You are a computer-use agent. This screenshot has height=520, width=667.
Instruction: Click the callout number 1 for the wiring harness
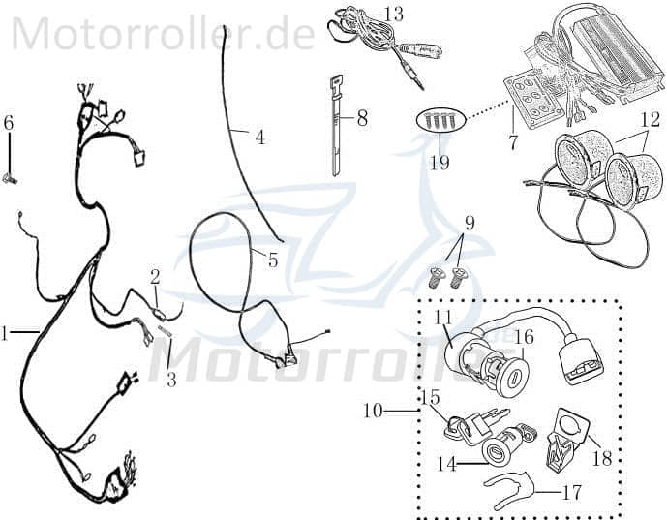coord(5,334)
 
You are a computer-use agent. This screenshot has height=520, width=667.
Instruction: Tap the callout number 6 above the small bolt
coord(9,123)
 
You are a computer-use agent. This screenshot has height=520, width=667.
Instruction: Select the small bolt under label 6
coord(12,177)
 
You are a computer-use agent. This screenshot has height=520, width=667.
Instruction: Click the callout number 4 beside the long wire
coord(259,138)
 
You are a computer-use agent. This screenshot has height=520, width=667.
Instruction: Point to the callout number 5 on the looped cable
coord(272,260)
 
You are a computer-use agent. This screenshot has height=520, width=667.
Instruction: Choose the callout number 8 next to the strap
coord(362,119)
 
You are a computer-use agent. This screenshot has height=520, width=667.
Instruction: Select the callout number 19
coord(440,162)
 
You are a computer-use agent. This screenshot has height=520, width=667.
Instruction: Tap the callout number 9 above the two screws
coord(470,224)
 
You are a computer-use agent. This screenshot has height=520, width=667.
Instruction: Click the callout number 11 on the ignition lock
coord(443,318)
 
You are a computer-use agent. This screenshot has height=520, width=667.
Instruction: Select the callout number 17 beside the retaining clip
coord(572,493)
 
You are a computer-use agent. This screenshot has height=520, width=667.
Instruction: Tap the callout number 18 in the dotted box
coord(602,458)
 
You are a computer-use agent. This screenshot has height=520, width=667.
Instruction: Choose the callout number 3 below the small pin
coord(171,380)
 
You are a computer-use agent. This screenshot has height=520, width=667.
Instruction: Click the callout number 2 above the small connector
coord(155,277)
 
